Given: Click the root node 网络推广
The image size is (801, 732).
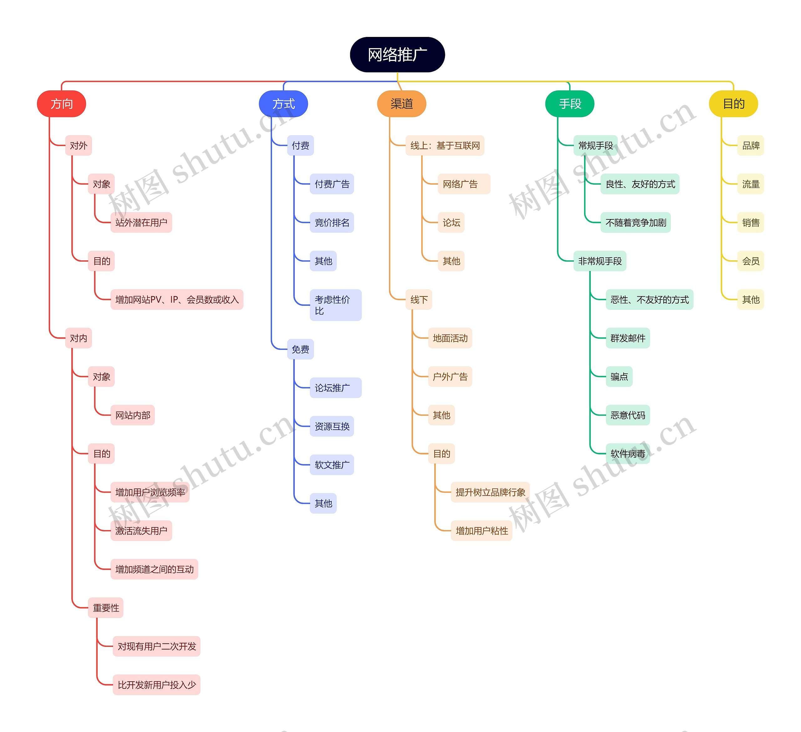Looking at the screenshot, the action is pyautogui.click(x=397, y=55).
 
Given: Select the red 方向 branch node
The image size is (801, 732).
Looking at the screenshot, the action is pyautogui.click(x=62, y=104).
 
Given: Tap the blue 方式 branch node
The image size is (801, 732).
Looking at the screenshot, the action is pyautogui.click(x=283, y=104).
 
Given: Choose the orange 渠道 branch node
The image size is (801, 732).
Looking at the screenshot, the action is pyautogui.click(x=401, y=104).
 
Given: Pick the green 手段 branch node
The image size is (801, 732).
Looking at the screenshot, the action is pyautogui.click(x=570, y=104).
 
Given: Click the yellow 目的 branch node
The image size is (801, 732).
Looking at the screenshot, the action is pyautogui.click(x=733, y=104).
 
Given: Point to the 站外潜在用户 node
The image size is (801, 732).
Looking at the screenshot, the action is pyautogui.click(x=141, y=223).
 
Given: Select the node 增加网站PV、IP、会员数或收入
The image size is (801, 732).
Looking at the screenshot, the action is pyautogui.click(x=177, y=299).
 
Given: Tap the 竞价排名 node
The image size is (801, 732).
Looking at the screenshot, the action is pyautogui.click(x=332, y=223).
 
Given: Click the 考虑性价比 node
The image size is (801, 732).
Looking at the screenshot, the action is pyautogui.click(x=335, y=305).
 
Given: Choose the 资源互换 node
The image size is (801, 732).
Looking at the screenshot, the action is pyautogui.click(x=332, y=427).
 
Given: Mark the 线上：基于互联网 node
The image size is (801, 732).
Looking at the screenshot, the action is pyautogui.click(x=445, y=146).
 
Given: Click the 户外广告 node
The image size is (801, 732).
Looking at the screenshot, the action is pyautogui.click(x=450, y=377).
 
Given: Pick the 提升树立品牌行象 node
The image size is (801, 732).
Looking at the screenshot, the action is pyautogui.click(x=490, y=492).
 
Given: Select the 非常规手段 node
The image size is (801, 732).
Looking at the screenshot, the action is pyautogui.click(x=599, y=261).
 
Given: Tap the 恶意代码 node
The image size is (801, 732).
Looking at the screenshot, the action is pyautogui.click(x=627, y=415).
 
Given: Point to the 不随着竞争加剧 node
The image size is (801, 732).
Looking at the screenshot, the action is pyautogui.click(x=635, y=223).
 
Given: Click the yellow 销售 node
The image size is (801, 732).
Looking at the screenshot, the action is pyautogui.click(x=751, y=223).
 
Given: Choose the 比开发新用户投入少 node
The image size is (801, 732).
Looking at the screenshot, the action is pyautogui.click(x=156, y=685).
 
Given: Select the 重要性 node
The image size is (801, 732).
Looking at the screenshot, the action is pyautogui.click(x=106, y=608).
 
